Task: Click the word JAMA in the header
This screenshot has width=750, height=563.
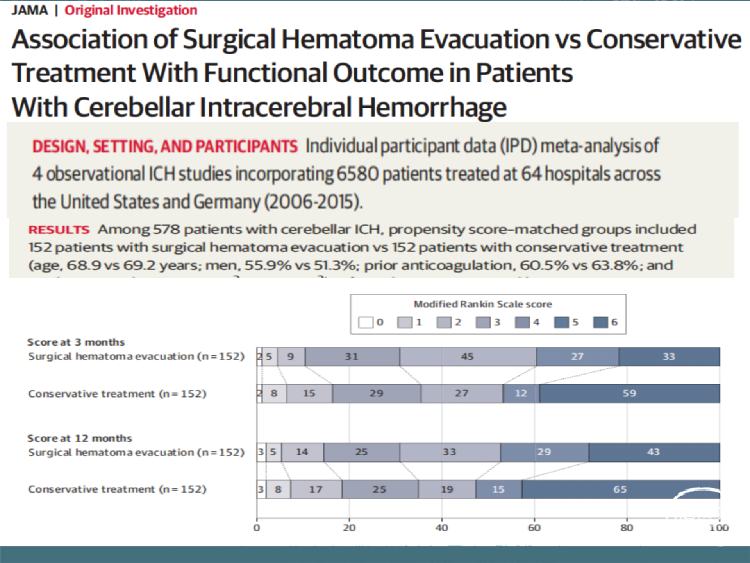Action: pos(30,10)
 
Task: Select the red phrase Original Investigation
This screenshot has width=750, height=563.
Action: pos(131,10)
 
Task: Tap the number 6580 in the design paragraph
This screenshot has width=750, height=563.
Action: pos(357,174)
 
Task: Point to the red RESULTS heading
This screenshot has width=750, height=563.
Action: pos(59,230)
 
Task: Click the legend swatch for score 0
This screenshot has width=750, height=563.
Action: pos(366,323)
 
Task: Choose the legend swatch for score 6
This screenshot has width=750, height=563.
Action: pos(600,323)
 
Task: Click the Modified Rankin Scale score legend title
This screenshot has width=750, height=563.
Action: pos(483,304)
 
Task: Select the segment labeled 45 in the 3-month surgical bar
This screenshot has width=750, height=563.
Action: pos(468,357)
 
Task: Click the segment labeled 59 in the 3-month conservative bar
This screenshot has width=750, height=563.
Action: pos(629,393)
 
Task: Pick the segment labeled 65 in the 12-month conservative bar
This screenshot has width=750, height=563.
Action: pos(620,489)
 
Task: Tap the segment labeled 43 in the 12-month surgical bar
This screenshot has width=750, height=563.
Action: pos(654,452)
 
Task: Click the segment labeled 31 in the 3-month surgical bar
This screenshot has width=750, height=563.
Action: pos(352,357)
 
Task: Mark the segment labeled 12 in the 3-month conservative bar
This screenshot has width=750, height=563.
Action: pos(521,393)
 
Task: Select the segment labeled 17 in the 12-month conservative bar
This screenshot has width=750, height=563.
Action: pos(316,489)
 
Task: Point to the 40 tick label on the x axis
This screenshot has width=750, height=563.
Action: pos(442,528)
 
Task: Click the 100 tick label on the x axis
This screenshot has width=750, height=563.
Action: pos(719,528)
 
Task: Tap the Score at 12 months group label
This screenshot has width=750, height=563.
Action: pos(80,438)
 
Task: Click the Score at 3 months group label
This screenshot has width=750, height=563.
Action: pos(76,342)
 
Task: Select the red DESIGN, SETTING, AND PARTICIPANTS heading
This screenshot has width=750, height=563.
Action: pos(165,147)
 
